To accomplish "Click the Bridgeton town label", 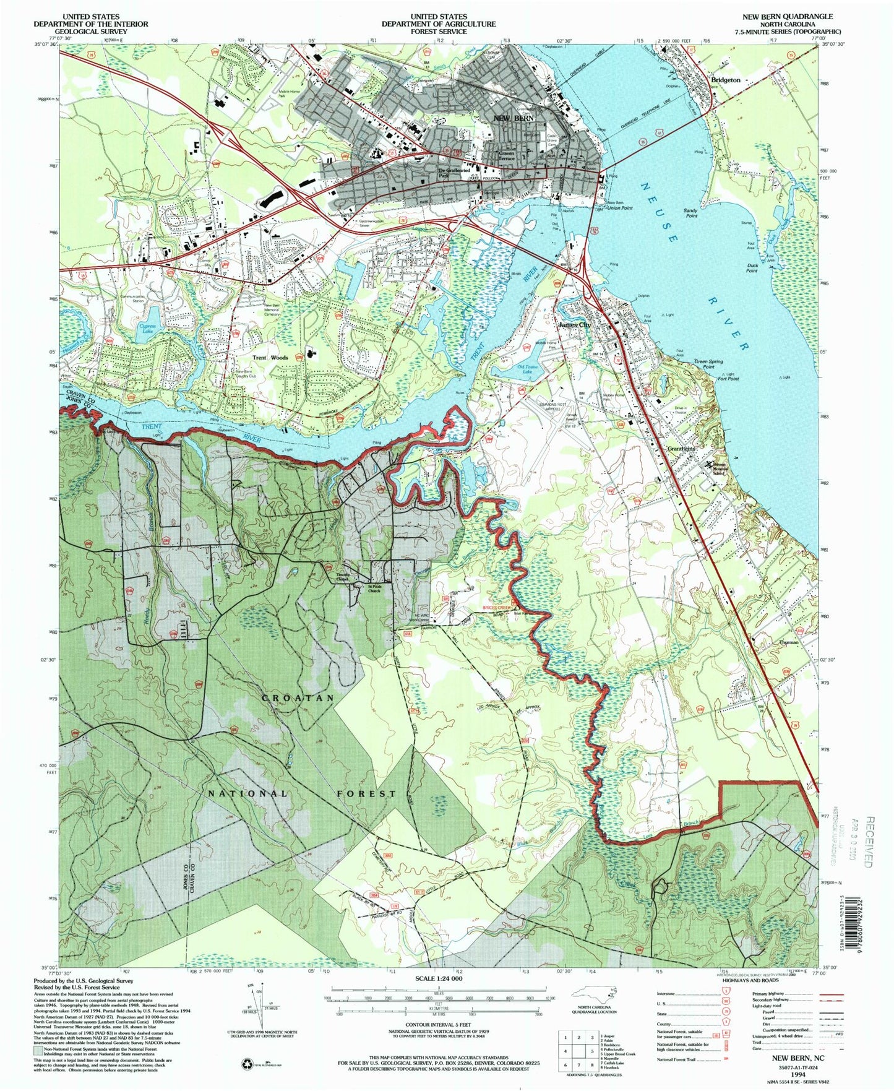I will tap(725, 80).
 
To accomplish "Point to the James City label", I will tap(575, 324).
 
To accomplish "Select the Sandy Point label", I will tap(690, 213).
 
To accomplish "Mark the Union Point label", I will tap(619, 208).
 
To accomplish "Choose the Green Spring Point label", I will tap(708, 364).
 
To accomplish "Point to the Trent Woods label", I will tap(270, 358).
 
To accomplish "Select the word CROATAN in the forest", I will tap(298, 697).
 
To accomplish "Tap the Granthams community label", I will tap(681, 448).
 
